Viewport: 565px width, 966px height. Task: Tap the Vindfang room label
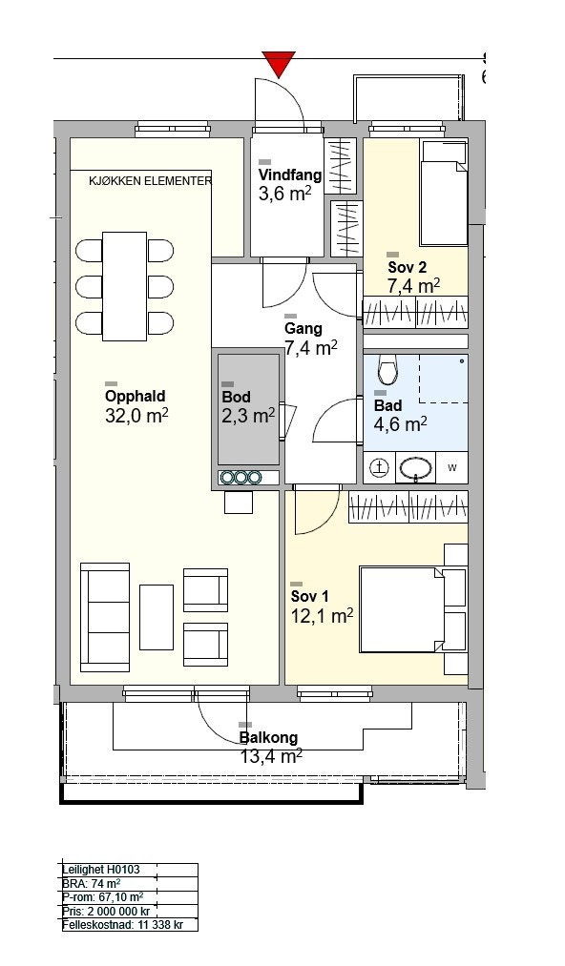290,175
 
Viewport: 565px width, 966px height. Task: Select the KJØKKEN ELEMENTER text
151,181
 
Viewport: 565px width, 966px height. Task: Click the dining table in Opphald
125,286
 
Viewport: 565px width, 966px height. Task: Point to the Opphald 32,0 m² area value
136,416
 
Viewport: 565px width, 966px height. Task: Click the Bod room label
237,398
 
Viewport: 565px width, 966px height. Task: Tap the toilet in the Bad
388,371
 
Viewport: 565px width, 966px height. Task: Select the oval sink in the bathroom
415,468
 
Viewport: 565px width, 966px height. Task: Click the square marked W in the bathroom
452,467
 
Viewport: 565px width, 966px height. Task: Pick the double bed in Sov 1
402,609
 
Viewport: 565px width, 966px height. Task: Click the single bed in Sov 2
443,193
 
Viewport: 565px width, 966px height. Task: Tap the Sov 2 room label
408,267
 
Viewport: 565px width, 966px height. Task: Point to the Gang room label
303,329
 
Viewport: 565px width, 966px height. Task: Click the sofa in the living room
105,617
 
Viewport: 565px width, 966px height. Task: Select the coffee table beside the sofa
157,617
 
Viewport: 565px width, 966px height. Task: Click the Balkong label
269,737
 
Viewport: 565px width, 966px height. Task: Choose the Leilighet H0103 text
101,870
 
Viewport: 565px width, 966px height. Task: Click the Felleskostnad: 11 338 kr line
121,925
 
